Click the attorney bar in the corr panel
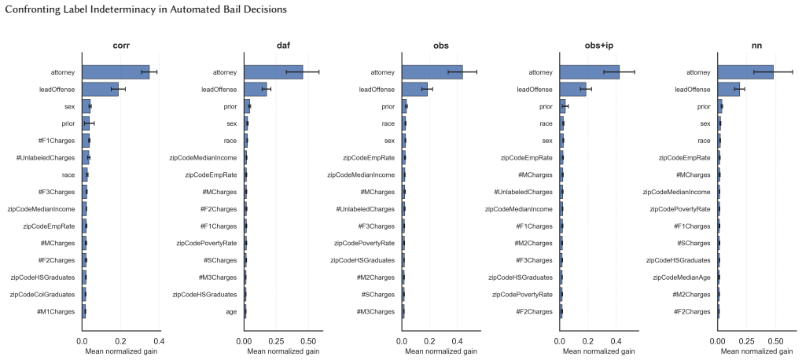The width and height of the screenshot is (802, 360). pyautogui.click(x=116, y=72)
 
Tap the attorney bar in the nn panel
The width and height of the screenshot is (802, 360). pyautogui.click(x=745, y=72)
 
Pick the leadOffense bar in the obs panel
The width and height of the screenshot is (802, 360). pyautogui.click(x=415, y=90)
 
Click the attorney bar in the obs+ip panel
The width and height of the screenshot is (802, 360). pyautogui.click(x=590, y=72)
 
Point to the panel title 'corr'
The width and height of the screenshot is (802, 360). pyautogui.click(x=121, y=46)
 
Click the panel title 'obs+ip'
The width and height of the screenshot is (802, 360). pyautogui.click(x=599, y=46)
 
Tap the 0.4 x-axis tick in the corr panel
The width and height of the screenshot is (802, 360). pyautogui.click(x=159, y=341)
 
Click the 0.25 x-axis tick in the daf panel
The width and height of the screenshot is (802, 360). pyautogui.click(x=276, y=341)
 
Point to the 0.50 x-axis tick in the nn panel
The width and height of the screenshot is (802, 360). pyautogui.click(x=775, y=341)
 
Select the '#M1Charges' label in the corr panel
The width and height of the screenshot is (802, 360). pyautogui.click(x=56, y=311)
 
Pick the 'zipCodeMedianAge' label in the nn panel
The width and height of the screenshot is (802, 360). pyautogui.click(x=682, y=277)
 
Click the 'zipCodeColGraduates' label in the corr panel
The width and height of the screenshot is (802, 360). pyautogui.click(x=42, y=295)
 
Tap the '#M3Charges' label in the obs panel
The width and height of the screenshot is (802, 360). pyautogui.click(x=376, y=311)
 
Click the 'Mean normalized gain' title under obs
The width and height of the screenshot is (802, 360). pyautogui.click(x=441, y=352)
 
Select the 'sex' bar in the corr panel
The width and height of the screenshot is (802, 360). pyautogui.click(x=86, y=106)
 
